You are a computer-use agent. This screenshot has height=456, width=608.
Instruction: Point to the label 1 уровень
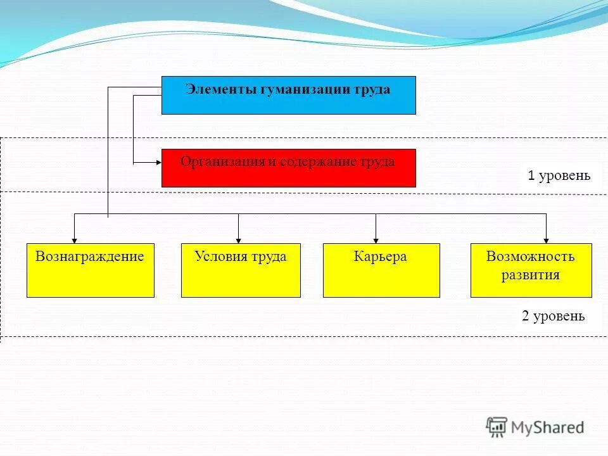tap(559, 175)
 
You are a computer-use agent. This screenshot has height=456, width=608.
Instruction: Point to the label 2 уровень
tap(554, 316)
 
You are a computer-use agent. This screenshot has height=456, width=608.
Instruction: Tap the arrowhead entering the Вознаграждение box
tap(75, 240)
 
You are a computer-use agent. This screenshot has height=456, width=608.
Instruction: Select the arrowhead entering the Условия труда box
tap(239, 240)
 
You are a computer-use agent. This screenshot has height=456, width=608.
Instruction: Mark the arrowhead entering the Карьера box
tap(376, 240)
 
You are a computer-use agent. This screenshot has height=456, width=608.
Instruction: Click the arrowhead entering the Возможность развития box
tap(546, 240)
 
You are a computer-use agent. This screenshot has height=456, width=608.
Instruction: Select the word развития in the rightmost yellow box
tap(531, 275)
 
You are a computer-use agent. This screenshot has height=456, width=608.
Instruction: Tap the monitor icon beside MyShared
tap(497, 426)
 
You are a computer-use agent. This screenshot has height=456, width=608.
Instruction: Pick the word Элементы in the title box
tap(220, 89)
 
